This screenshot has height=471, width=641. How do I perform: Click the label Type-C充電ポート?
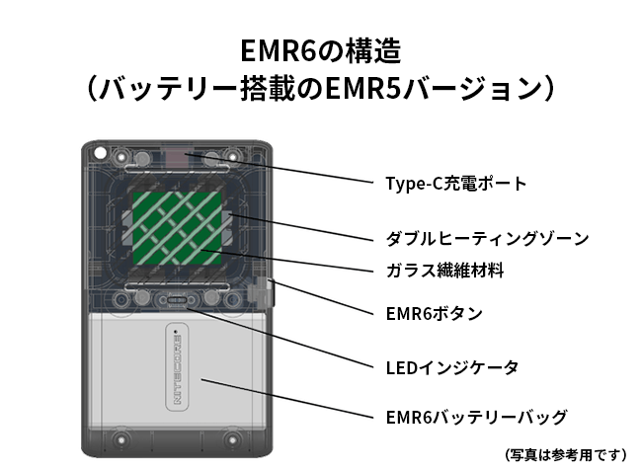[x=456, y=184]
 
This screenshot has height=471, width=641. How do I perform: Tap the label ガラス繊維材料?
[x=444, y=270]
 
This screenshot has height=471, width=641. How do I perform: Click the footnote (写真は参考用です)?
[x=565, y=455]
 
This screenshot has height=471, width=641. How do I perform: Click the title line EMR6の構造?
[x=320, y=51]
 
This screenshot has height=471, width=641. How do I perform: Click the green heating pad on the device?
[x=179, y=235]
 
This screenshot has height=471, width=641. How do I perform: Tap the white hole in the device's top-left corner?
[x=100, y=154]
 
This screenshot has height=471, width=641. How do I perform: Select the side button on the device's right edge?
[x=266, y=292]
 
